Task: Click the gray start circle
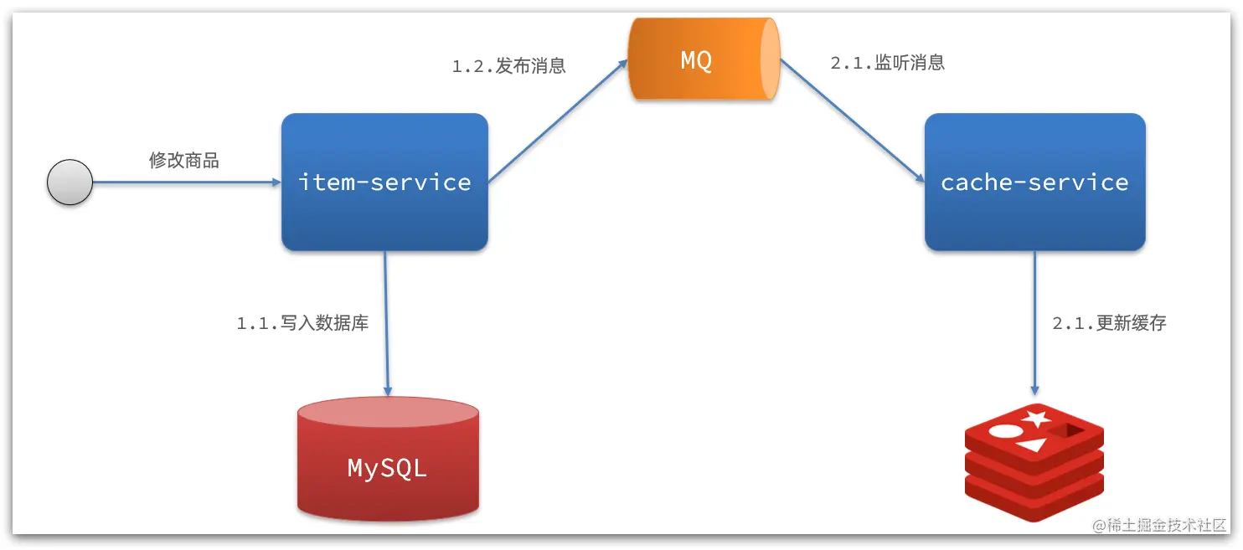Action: (70, 182)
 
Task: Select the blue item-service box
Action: (384, 182)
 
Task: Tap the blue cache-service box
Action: (1034, 182)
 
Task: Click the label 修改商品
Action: (184, 161)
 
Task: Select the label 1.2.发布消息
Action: (509, 66)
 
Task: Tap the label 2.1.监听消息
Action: (888, 64)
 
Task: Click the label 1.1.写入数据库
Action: (302, 323)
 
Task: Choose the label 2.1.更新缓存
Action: (1109, 323)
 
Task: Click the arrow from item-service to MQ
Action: (558, 121)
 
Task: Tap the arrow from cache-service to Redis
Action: (1034, 323)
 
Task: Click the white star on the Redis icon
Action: (1037, 417)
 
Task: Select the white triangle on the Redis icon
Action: (1033, 445)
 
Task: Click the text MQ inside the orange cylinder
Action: (696, 60)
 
